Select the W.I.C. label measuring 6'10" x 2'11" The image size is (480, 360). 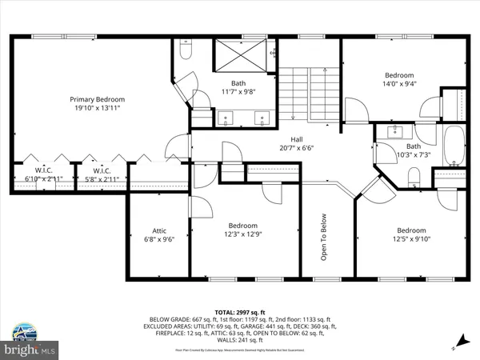click(x=42, y=170)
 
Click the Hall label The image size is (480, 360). click(x=296, y=138)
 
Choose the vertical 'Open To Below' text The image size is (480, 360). click(x=324, y=237)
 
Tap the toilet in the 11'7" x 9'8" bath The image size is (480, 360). click(x=185, y=52)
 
